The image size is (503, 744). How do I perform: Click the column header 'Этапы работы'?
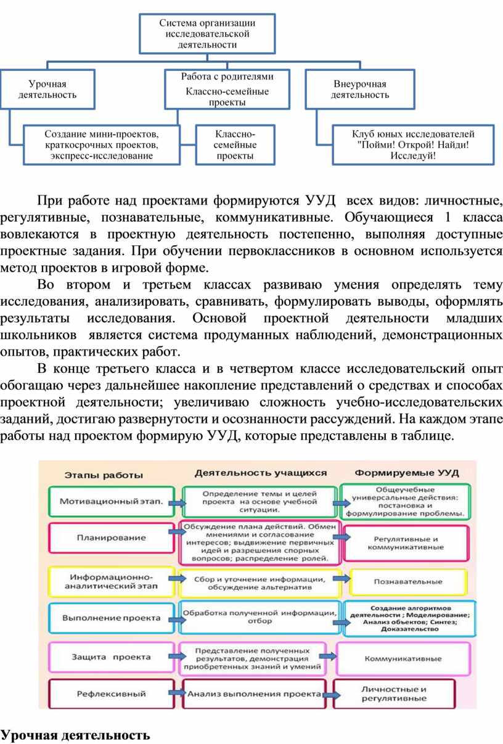[x=104, y=475]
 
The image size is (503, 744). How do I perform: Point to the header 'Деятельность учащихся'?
[x=261, y=473]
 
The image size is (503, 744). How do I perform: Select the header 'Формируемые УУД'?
[x=407, y=473]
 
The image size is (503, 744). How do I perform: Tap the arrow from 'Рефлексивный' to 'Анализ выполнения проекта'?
[x=177, y=692]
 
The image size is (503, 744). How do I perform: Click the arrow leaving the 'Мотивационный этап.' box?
[x=177, y=504]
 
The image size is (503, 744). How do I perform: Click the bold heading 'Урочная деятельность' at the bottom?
[x=75, y=735]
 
